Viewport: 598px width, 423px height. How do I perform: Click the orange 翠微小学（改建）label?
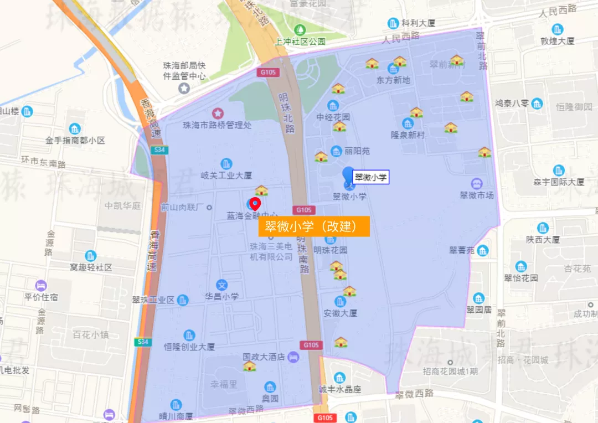coord(313,226)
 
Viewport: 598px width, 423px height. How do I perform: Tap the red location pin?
coord(255,204)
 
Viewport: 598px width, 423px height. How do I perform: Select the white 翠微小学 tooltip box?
coord(371,177)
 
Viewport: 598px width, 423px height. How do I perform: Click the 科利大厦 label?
coord(419,23)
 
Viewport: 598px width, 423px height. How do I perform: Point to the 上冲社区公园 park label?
coord(300,42)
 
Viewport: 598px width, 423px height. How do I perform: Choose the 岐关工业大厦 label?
coord(226,176)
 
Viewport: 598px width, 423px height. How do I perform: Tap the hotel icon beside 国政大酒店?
coord(293,357)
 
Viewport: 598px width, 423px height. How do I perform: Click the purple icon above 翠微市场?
coord(476,183)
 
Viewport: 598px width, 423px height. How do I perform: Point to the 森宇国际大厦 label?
coord(558,182)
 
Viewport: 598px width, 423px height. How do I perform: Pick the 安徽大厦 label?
coord(340,313)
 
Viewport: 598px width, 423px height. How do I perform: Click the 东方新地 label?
coord(393,80)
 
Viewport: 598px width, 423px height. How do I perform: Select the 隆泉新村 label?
coord(408,135)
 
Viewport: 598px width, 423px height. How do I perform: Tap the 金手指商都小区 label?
coord(75,141)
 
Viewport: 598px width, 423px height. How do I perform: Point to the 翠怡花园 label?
coord(520,278)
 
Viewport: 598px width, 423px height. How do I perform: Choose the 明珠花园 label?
coord(331,250)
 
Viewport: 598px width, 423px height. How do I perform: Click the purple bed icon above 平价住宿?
coord(41,286)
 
